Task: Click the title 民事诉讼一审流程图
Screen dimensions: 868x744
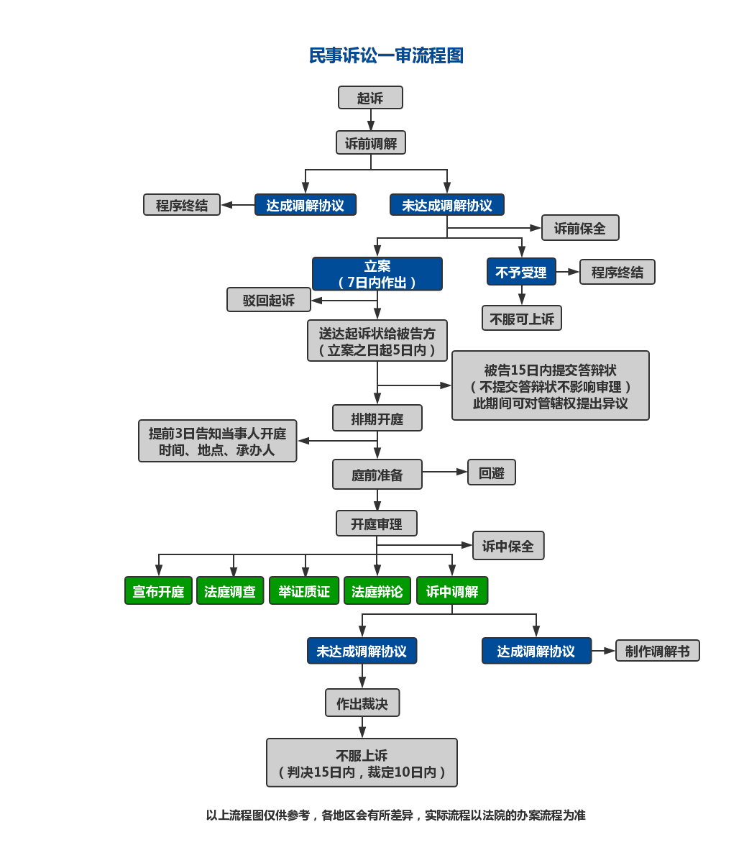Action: tap(386, 55)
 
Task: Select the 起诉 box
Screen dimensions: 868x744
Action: tap(370, 98)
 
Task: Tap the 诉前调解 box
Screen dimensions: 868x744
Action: tap(371, 143)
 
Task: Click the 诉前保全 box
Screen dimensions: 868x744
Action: tap(579, 228)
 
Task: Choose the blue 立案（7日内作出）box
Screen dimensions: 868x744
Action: tap(377, 274)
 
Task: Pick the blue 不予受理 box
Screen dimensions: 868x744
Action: tap(521, 272)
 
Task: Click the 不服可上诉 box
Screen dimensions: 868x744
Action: tap(522, 318)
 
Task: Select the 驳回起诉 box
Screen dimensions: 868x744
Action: tap(269, 300)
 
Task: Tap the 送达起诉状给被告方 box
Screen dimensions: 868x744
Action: tap(377, 341)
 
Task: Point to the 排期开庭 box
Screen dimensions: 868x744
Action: tap(377, 418)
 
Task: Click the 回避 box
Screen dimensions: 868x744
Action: tap(492, 472)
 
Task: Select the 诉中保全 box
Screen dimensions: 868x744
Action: tap(508, 546)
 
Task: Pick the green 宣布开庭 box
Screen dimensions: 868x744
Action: tap(159, 591)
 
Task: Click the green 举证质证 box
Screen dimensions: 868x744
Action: tap(304, 591)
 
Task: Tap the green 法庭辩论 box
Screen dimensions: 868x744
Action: tap(377, 591)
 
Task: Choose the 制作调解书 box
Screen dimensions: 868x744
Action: tap(657, 651)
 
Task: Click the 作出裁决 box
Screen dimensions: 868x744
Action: tap(362, 703)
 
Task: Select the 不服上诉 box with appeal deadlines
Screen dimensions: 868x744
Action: tap(362, 763)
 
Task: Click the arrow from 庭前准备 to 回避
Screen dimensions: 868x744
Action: tap(445, 472)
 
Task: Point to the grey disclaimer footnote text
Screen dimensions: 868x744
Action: tap(396, 815)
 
